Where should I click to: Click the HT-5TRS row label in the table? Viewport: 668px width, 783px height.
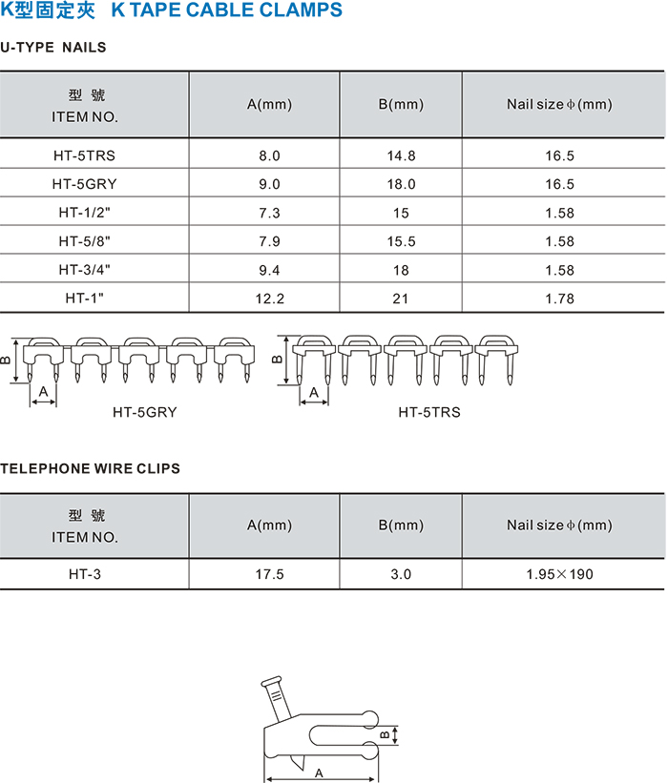coord(84,155)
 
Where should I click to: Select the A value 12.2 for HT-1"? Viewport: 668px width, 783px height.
coord(270,299)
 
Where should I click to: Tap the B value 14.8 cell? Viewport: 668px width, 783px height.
coord(401,155)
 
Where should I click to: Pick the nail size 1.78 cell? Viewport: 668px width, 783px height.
coord(559,299)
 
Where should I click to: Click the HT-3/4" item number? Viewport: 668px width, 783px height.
coord(84,270)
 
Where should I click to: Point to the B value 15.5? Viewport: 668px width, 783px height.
coord(401,241)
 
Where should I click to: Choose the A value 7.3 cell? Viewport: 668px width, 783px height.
coord(270,214)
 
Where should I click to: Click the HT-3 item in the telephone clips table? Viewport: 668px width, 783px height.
coord(84,574)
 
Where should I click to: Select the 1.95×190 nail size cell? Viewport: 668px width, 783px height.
coord(559,574)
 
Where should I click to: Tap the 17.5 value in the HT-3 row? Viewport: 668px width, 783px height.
coord(270,574)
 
